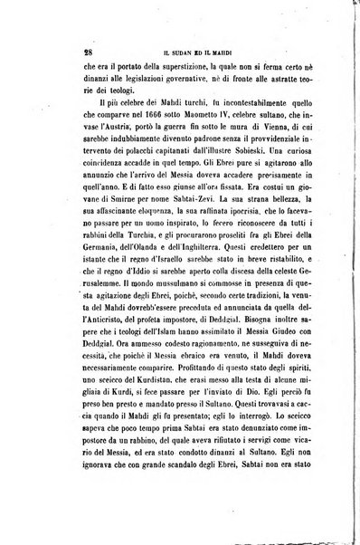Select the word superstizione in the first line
point(183,65)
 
